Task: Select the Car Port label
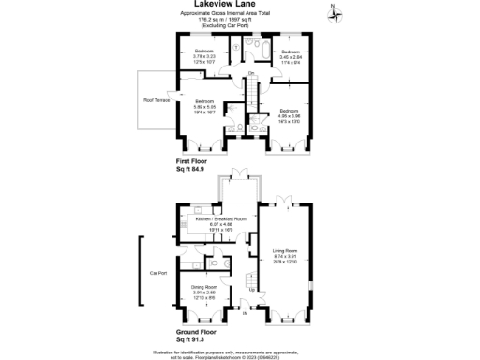157,274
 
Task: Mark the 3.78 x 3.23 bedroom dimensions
204,55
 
